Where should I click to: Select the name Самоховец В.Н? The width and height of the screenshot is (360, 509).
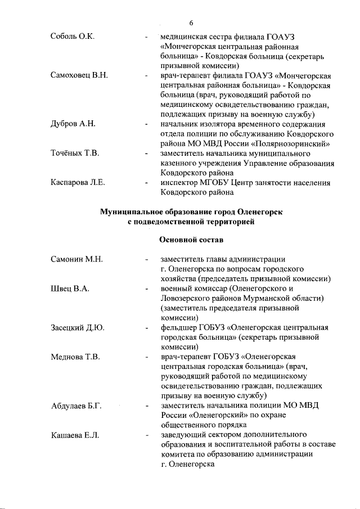(79, 75)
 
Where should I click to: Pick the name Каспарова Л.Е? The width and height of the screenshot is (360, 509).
(78, 182)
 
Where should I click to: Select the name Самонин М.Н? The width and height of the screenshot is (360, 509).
(76, 259)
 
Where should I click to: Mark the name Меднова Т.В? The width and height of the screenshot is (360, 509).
(75, 357)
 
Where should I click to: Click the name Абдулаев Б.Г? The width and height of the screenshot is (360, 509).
(76, 406)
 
